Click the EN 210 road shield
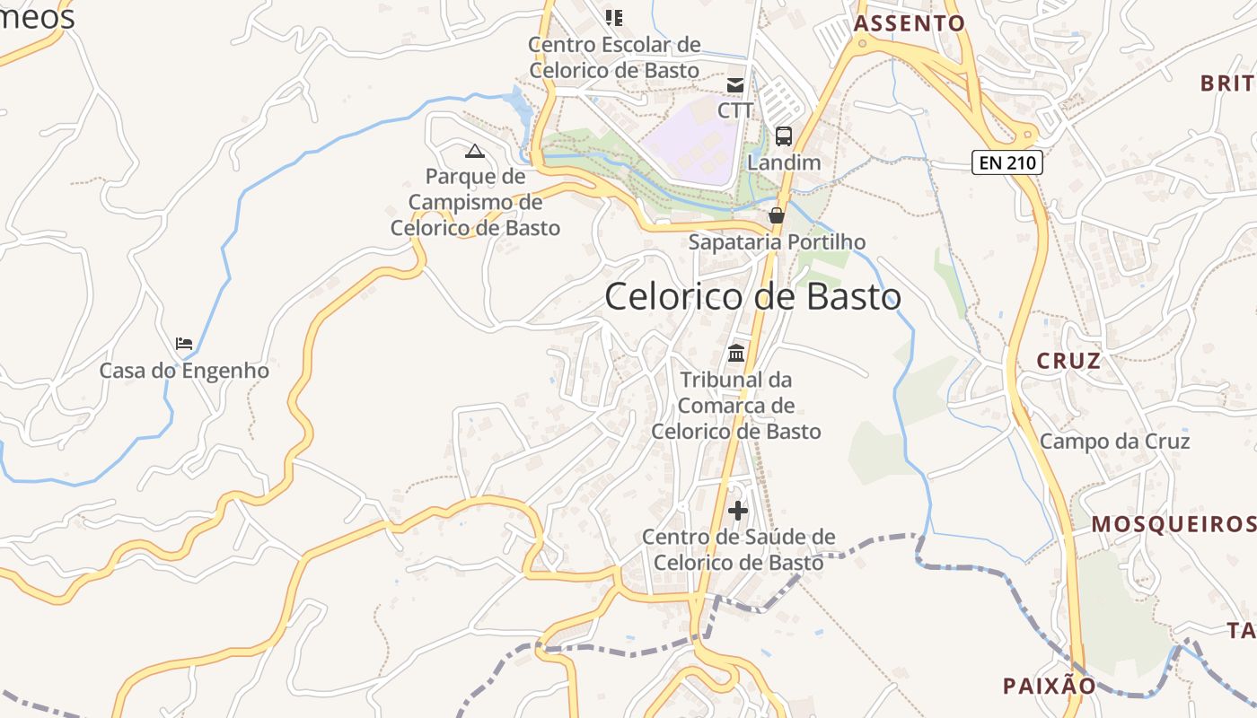tap(1006, 163)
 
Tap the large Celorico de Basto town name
tap(752, 297)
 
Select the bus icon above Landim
tap(784, 136)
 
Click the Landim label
tap(784, 162)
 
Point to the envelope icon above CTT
tap(735, 85)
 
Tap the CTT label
tap(735, 109)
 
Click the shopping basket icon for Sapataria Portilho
tap(777, 215)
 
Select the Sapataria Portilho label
tap(777, 242)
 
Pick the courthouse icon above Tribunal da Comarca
tap(736, 353)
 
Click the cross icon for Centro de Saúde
tap(738, 512)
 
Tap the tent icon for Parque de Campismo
tap(475, 150)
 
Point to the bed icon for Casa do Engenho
tap(184, 344)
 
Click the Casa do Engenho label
tap(184, 370)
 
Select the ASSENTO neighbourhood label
tap(909, 23)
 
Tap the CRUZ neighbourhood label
tap(1068, 361)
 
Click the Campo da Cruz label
tap(1114, 442)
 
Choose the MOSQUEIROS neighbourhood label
tap(1173, 524)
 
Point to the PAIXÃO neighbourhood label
tap(1050, 687)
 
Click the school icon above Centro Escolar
tap(614, 17)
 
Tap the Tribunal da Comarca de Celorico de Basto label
tap(736, 406)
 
